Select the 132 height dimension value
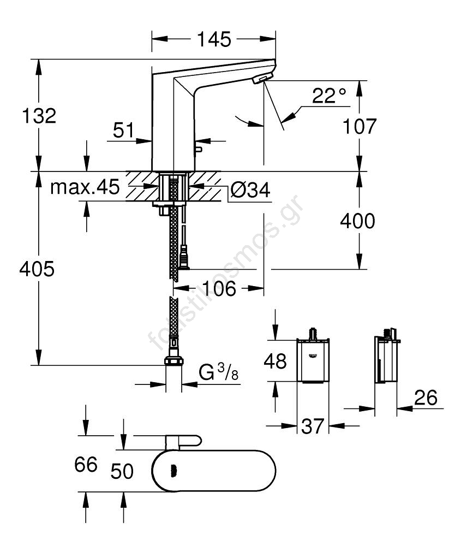click(39, 116)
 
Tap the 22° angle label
click(329, 97)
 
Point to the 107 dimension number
click(360, 127)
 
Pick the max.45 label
click(85, 187)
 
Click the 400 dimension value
click(357, 221)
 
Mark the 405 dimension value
click(37, 269)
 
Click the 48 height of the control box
click(275, 360)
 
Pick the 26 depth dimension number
click(426, 398)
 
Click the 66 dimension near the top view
click(86, 465)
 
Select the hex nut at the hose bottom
click(173, 361)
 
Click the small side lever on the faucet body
click(199, 149)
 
